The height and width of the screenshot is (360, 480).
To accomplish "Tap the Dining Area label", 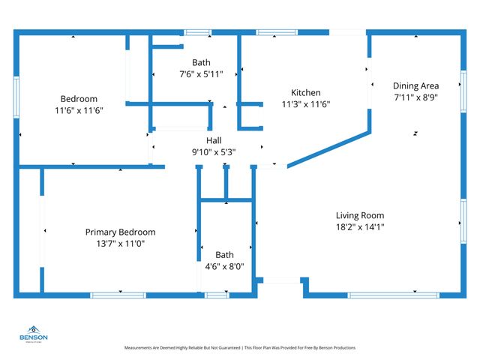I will click(x=416, y=85).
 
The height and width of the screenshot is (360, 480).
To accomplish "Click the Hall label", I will click(x=214, y=140).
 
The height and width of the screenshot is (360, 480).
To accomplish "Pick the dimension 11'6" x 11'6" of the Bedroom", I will click(x=79, y=110).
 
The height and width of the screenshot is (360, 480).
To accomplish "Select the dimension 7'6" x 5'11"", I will click(x=201, y=73).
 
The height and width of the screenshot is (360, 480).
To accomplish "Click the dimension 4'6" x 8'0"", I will click(x=224, y=265).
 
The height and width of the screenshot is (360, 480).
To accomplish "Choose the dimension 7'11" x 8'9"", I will click(x=416, y=97).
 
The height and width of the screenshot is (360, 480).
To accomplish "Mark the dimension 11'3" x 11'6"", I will click(x=305, y=103).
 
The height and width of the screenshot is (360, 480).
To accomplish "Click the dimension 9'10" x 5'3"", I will click(x=214, y=151).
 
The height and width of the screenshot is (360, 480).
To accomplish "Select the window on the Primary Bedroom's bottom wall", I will click(x=118, y=295).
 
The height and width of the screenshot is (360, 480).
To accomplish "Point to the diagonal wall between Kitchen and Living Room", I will click(x=328, y=148).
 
